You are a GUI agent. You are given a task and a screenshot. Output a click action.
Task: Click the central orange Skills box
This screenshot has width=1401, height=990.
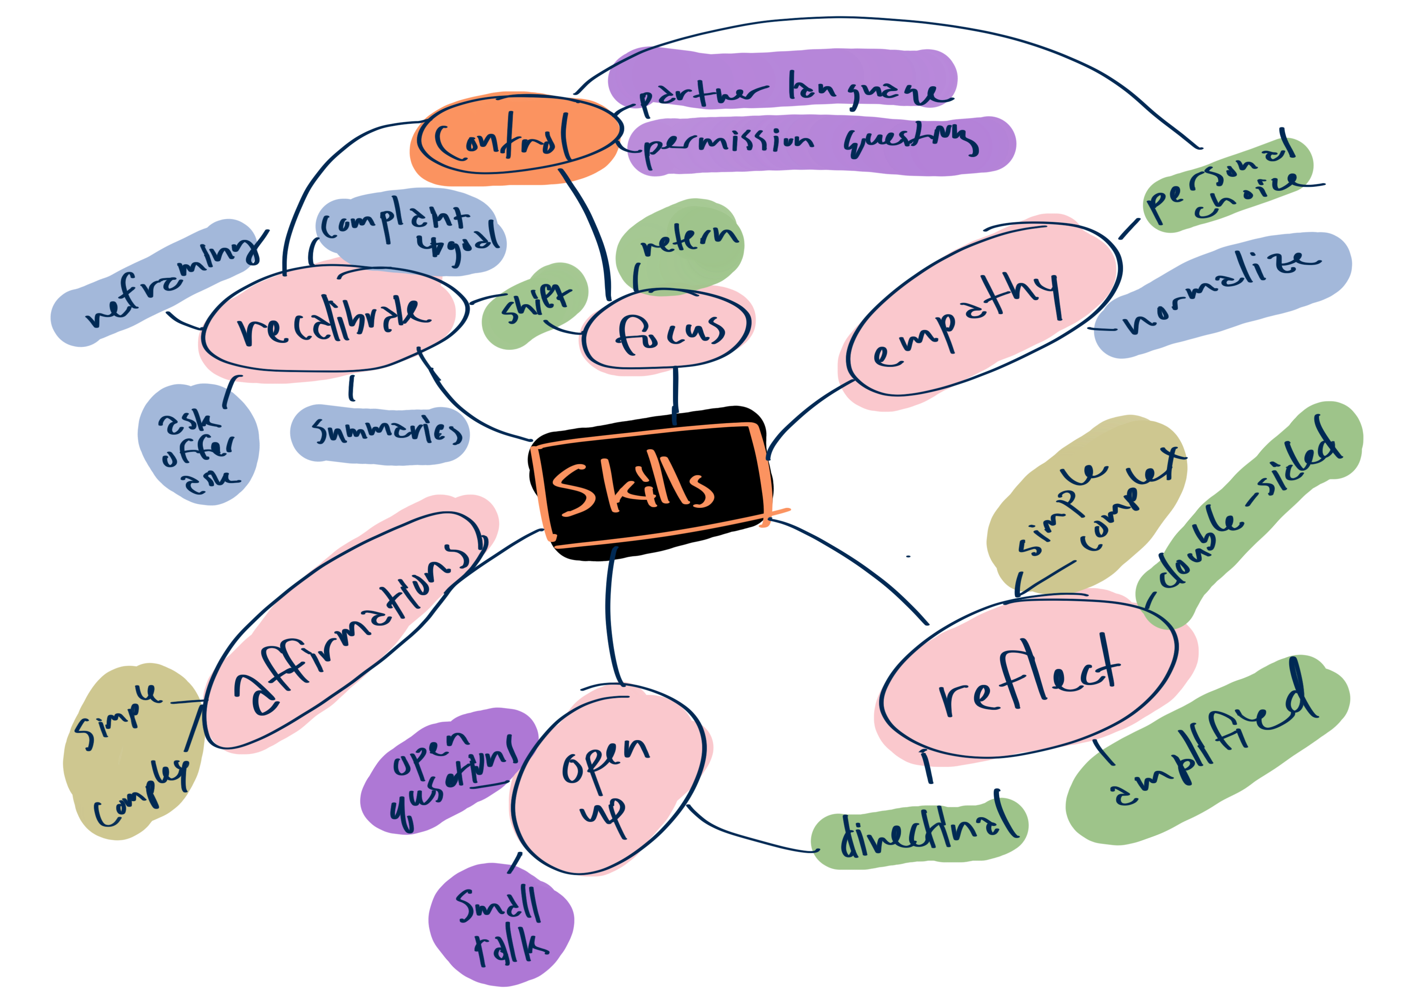650,485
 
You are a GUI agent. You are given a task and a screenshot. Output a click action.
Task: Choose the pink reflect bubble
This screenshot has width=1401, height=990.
1031,677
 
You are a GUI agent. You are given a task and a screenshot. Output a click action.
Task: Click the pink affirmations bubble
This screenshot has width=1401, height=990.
348,628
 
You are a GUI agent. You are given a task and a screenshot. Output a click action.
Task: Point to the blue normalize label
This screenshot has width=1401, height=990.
1220,293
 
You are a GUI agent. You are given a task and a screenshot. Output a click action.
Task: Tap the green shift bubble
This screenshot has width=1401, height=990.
534,305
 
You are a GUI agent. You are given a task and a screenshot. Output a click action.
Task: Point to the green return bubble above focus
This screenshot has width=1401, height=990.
681,244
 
